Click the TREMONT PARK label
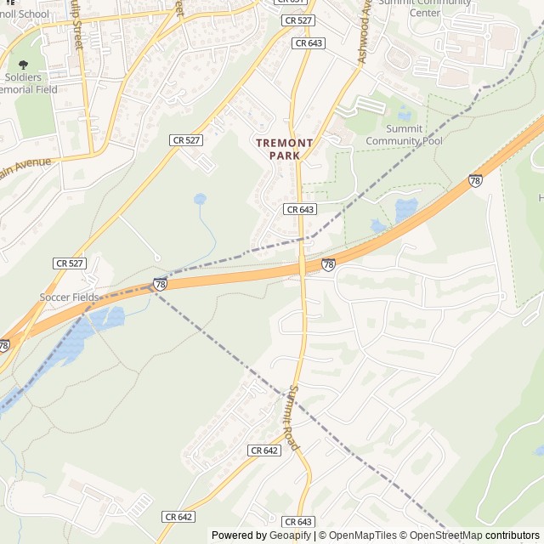(x=285, y=150)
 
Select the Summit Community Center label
(x=436, y=7)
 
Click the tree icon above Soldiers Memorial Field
(x=23, y=65)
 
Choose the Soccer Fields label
(x=69, y=297)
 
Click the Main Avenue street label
(x=25, y=167)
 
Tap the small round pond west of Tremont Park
(x=200, y=199)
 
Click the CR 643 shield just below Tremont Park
(x=300, y=209)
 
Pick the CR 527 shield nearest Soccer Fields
(x=69, y=263)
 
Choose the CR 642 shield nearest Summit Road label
(x=264, y=450)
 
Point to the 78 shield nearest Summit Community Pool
(x=475, y=181)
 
